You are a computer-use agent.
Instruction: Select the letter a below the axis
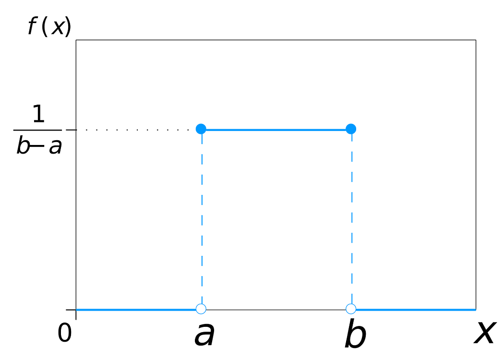(204, 335)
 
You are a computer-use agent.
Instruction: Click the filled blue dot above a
(201, 129)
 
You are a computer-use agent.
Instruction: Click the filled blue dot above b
(351, 129)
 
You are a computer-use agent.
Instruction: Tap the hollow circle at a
(201, 308)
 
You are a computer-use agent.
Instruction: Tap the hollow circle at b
(351, 308)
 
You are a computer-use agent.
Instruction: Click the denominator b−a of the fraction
(38, 147)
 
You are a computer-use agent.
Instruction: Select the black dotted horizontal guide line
(134, 129)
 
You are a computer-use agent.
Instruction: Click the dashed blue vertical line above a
(202, 216)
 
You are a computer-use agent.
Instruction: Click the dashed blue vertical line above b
(351, 216)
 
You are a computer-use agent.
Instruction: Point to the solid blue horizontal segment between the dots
(276, 129)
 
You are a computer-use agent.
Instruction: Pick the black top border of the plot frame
(276, 40)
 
